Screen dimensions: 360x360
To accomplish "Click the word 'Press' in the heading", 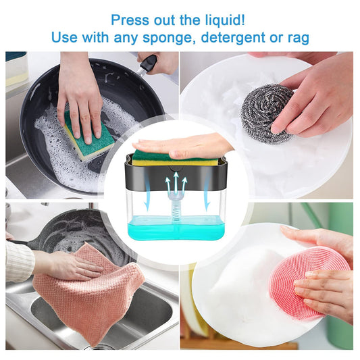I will (130, 20).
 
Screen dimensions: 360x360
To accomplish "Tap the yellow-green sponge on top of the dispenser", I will (176, 159).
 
